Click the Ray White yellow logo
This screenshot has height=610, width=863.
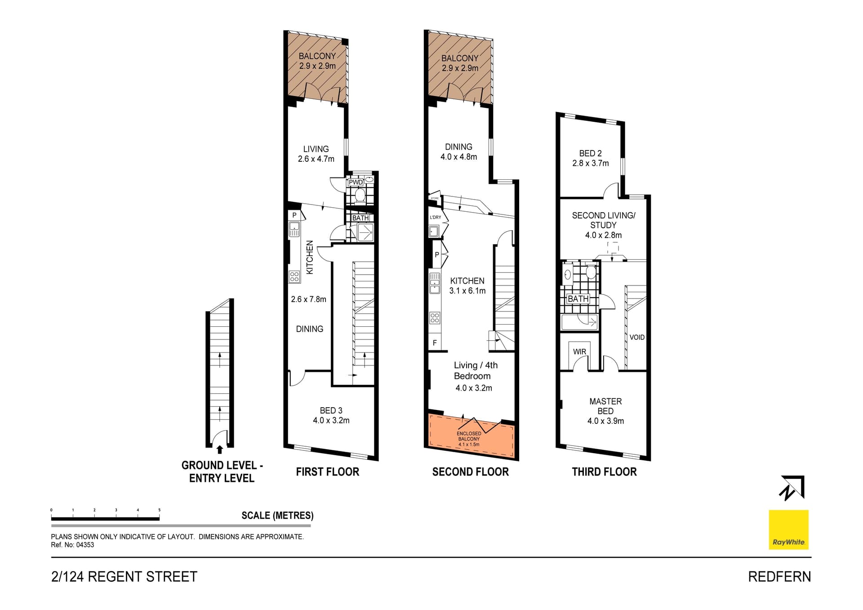coord(788,529)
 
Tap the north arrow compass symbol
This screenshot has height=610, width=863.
coord(792,488)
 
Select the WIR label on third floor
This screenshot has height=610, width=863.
coord(579,352)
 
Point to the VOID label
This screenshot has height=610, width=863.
coord(636,337)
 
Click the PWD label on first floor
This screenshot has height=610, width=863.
coord(356,183)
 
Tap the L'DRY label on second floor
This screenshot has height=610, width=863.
coord(435,217)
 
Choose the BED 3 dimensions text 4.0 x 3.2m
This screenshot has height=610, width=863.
coord(331,421)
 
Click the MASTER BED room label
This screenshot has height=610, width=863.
coord(605,406)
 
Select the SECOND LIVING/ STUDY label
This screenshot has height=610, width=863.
coord(603,220)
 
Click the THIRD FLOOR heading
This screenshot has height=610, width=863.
coord(604,472)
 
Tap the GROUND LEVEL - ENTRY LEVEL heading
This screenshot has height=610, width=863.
coord(222,472)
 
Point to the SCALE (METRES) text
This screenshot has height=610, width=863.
coord(277,516)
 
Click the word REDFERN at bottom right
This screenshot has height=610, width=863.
coord(779,577)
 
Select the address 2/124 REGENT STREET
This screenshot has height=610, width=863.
coord(125,577)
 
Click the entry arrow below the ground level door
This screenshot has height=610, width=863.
coord(220,450)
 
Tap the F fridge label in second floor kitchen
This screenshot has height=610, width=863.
coord(435,343)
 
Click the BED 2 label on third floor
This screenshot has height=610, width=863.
coord(590,153)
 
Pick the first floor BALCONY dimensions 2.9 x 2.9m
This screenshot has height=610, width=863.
coord(317,66)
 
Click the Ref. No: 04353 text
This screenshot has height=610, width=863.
coord(72,545)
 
